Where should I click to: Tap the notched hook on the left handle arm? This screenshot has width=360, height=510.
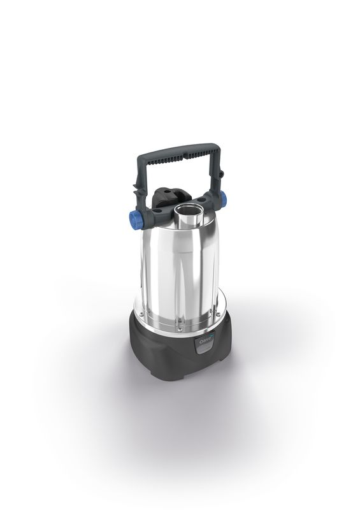click(x=136, y=187)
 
